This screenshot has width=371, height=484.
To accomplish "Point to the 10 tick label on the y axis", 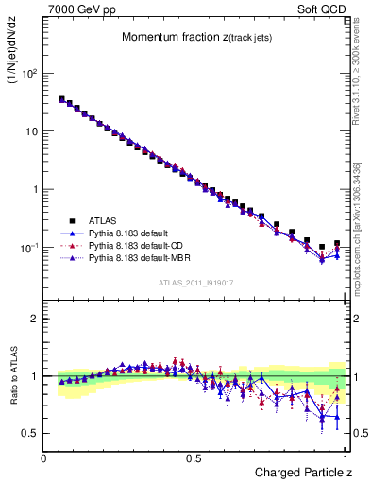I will point(31,131).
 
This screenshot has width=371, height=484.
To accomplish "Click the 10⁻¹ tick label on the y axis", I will point(28,248).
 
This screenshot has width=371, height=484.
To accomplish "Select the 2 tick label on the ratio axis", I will point(35,319).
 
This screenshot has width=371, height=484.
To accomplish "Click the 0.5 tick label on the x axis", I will point(194,458).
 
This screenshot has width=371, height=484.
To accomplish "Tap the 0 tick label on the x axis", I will point(44,458).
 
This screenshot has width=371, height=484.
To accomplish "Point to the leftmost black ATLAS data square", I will point(61,98).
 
